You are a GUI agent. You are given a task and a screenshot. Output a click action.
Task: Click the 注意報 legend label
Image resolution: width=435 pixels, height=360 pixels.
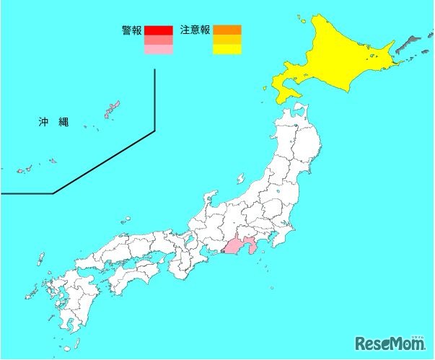click(x=196, y=30)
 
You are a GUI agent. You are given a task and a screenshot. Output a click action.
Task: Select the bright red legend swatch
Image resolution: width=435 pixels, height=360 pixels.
click(x=158, y=30)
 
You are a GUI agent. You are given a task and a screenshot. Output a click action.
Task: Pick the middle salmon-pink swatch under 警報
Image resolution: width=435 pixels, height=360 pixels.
click(x=158, y=40)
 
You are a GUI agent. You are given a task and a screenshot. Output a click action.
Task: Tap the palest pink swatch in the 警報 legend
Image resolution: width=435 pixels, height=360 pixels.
click(x=158, y=51)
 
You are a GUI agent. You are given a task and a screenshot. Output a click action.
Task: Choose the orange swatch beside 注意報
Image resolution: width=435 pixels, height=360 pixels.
click(x=227, y=30)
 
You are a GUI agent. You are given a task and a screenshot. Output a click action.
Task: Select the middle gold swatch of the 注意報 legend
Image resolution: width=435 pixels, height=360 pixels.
click(x=227, y=40)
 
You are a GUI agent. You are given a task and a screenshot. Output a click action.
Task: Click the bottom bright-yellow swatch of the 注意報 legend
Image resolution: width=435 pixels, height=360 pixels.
click(x=227, y=51)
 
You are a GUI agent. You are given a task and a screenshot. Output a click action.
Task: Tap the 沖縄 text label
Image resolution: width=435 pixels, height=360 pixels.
click(x=53, y=121)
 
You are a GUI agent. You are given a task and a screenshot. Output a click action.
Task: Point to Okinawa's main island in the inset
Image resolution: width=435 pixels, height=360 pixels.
click(x=112, y=110)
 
